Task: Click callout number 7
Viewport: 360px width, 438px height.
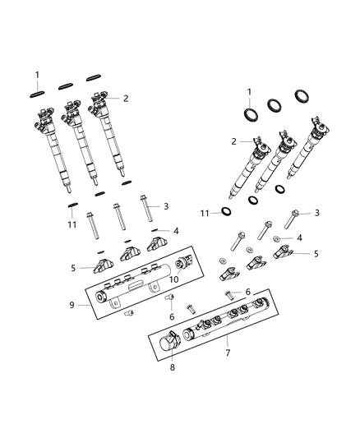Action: coord(227,353)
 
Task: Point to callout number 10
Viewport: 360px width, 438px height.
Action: coord(174,280)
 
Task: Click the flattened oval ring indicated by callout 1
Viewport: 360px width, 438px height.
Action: coord(38,92)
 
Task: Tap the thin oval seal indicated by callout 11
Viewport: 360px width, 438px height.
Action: coord(73,205)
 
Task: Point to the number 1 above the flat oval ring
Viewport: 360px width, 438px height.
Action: coord(37,76)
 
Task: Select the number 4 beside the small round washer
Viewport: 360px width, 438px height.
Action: coord(299,237)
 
